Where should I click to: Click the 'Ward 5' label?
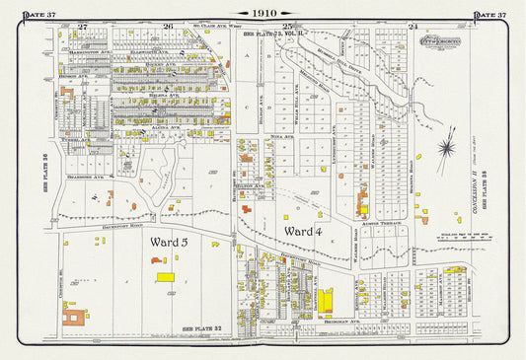click(177, 241)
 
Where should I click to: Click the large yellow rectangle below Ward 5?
click(166, 277)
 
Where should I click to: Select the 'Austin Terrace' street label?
click(381, 224)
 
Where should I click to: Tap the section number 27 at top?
click(83, 26)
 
